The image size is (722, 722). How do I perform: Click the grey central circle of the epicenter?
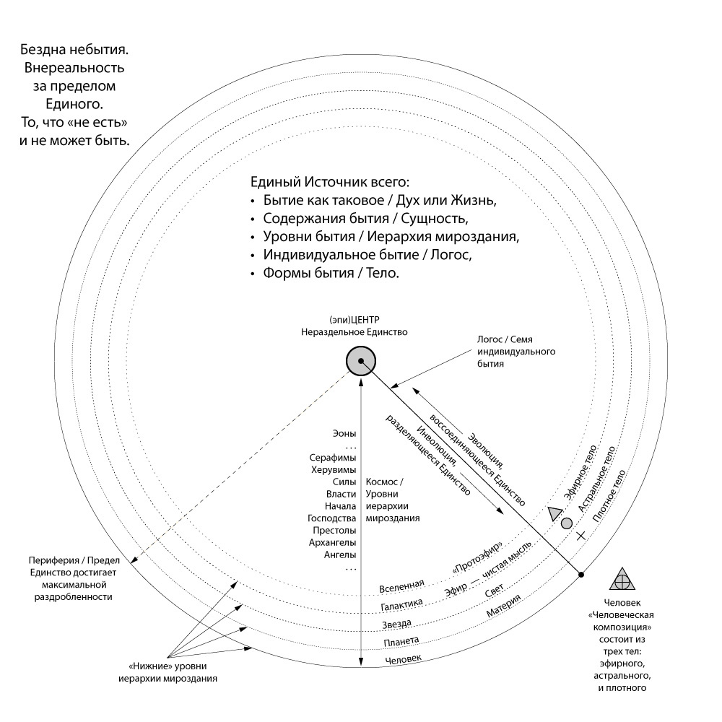click(x=360, y=360)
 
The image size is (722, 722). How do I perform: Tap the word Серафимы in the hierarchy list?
click(x=333, y=458)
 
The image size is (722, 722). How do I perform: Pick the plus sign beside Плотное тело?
click(x=581, y=536)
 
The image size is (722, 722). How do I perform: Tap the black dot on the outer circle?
click(x=581, y=575)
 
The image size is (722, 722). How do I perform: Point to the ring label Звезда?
click(x=397, y=623)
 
